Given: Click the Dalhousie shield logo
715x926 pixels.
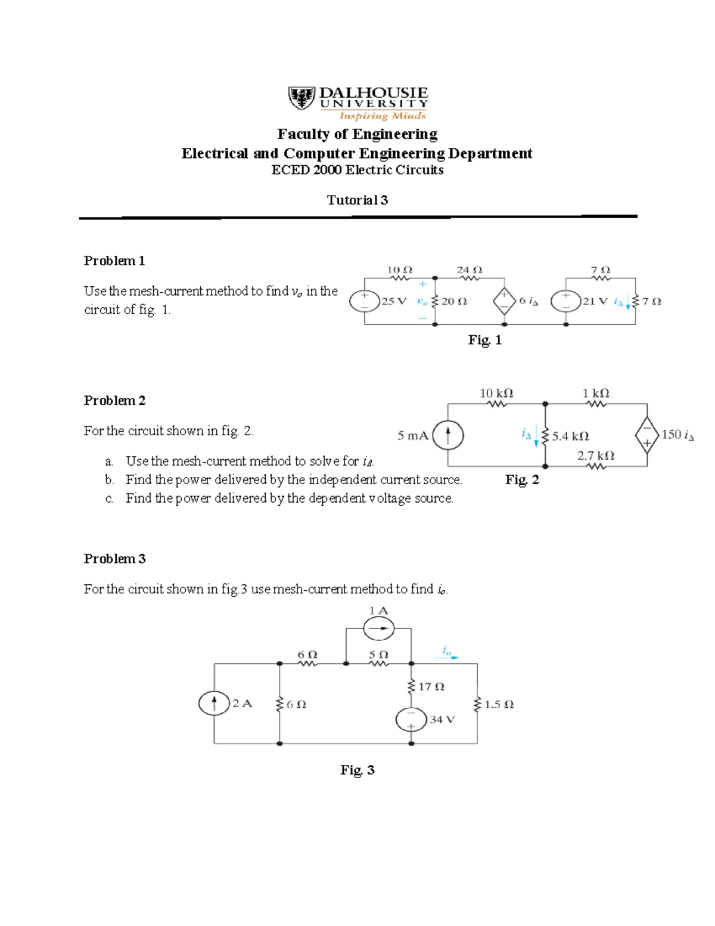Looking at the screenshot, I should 301,98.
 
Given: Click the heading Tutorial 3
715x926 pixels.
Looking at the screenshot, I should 357,200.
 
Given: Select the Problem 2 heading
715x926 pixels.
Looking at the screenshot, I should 114,401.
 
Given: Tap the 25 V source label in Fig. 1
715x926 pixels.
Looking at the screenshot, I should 393,302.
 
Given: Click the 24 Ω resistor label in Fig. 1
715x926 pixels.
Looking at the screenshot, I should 469,270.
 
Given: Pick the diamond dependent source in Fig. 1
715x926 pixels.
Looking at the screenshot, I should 504,302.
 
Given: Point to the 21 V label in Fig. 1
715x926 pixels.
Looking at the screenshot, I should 595,302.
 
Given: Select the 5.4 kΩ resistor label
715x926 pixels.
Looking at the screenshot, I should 570,436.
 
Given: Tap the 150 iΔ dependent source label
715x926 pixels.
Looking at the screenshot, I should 677,435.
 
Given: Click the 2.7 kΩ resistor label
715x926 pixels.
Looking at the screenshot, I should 595,456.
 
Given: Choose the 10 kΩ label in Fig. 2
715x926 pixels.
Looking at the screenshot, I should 496,394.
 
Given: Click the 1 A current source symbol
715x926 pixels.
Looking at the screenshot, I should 378,628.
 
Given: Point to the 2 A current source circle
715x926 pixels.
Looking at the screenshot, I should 214,703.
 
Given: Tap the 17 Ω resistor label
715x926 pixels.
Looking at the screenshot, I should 431,687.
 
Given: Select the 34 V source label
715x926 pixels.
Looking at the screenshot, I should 442,720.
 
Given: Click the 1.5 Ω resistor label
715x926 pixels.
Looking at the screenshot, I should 499,704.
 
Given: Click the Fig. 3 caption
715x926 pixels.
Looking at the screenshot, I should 357,770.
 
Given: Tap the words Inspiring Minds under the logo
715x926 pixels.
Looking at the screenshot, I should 382,116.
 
